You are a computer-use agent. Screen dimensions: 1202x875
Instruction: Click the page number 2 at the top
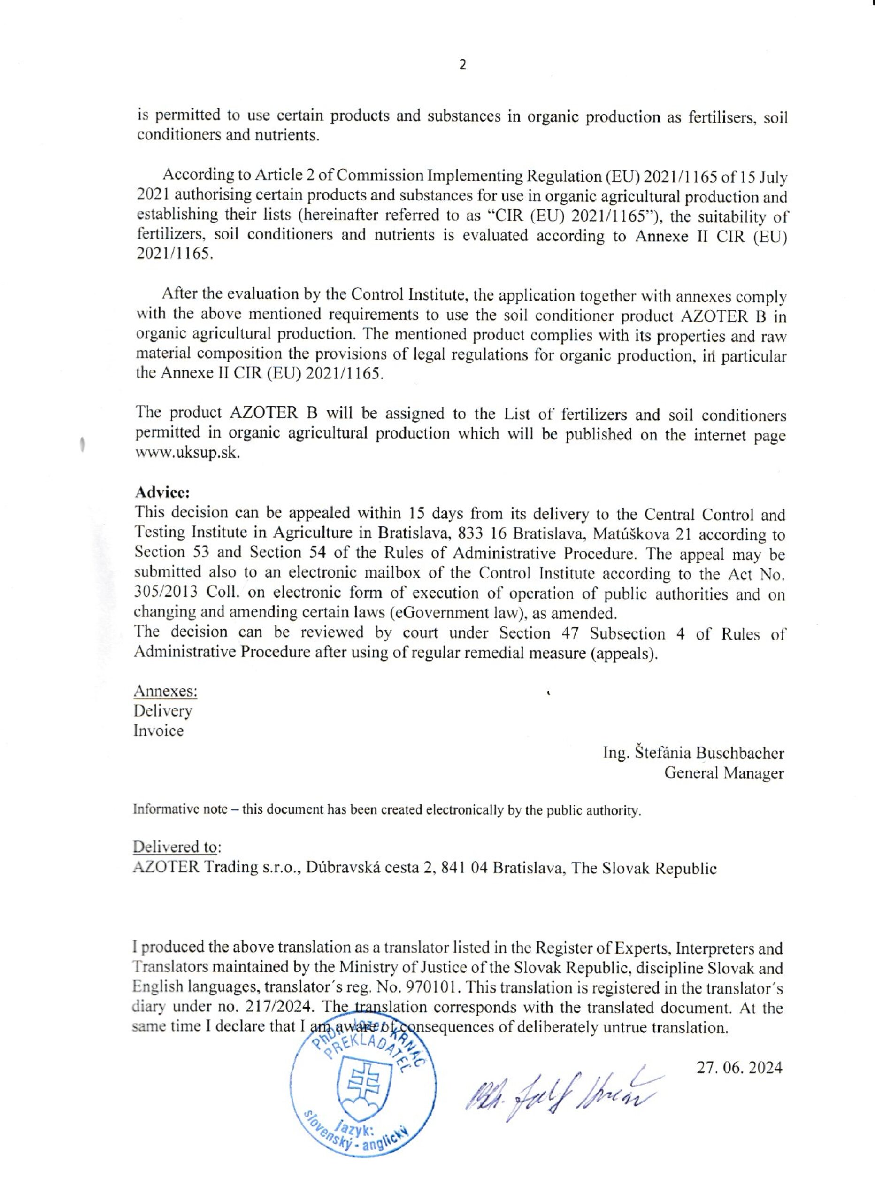tap(462, 65)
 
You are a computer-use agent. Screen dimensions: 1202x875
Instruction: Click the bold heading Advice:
tap(162, 493)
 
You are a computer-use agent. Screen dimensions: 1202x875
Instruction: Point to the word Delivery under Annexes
tap(163, 711)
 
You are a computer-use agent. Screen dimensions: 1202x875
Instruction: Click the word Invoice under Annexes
tap(159, 731)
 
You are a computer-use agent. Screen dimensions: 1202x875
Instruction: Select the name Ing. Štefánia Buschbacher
tap(693, 753)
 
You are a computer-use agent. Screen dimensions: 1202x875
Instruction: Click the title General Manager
tap(723, 773)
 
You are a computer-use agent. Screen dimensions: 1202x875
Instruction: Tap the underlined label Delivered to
tap(175, 847)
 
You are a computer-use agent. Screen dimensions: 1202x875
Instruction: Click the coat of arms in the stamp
tap(365, 1091)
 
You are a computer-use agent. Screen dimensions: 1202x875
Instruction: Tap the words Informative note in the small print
tap(180, 810)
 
